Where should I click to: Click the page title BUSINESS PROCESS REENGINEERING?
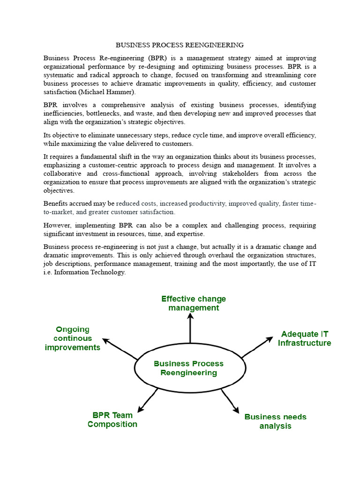180,45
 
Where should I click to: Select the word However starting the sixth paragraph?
57,225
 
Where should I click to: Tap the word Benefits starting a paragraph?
56,204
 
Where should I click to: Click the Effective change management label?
193,303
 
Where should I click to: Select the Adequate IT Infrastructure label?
304,338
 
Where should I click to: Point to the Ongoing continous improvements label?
72,338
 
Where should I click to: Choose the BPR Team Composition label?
112,420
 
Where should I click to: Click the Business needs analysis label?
275,421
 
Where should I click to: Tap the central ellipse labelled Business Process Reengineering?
189,368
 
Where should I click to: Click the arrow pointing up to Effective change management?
190,328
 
